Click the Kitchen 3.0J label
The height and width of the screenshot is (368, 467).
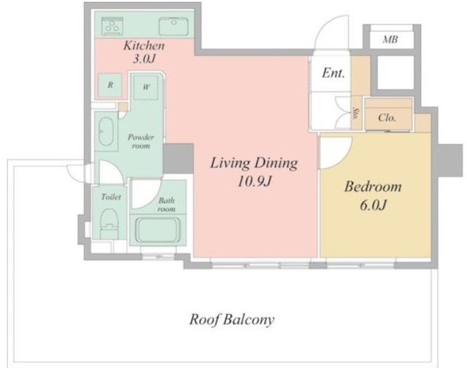pos(144,52)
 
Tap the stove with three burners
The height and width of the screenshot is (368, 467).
pos(112,26)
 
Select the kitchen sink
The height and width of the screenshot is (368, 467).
pos(173,26)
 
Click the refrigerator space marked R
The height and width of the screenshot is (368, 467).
pos(110,85)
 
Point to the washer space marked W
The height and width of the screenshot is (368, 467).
pos(146,87)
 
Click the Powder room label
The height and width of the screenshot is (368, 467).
pos(141,141)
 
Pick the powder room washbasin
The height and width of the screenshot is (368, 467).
pos(106,131)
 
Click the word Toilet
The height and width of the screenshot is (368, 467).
pos(111,197)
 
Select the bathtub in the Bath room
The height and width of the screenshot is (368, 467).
pos(158,230)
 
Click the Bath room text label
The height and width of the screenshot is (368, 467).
pos(166,205)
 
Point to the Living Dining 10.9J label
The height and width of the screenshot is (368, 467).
pos(254,172)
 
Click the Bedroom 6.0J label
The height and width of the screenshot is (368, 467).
pos(373,196)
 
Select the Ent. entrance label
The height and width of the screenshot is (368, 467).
pos(333,73)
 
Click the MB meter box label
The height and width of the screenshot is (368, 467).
pos(390,39)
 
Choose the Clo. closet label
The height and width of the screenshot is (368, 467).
pos(387,118)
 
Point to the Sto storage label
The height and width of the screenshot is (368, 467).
pos(355,113)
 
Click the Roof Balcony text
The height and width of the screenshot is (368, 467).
pos(232,320)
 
